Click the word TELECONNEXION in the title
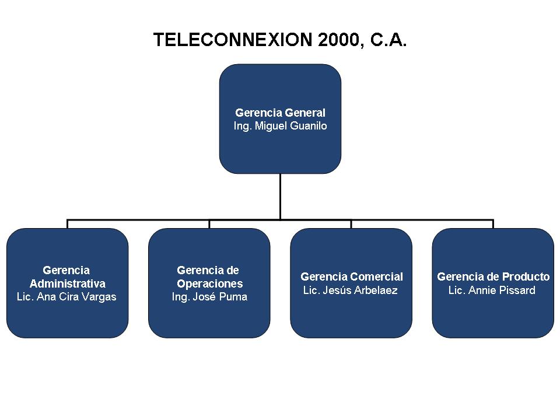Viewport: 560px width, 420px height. [233, 40]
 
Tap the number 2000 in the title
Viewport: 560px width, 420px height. [338, 40]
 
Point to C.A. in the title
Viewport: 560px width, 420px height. [388, 40]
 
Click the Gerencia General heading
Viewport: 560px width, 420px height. [281, 113]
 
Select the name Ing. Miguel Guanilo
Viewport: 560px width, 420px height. [281, 126]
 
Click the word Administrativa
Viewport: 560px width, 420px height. [68, 283]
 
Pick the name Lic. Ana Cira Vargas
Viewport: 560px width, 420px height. [66, 297]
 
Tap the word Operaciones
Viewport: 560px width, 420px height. [210, 283]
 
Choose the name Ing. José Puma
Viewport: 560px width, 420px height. [209, 297]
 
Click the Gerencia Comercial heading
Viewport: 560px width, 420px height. [352, 276]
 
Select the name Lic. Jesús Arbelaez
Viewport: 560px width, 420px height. [351, 290]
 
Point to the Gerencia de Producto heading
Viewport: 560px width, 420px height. [494, 276]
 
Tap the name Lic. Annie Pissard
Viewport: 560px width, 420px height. [492, 290]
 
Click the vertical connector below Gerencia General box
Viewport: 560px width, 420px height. [281, 197]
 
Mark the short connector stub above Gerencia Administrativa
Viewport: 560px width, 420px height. [67, 224]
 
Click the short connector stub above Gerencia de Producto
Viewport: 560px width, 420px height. [494, 224]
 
